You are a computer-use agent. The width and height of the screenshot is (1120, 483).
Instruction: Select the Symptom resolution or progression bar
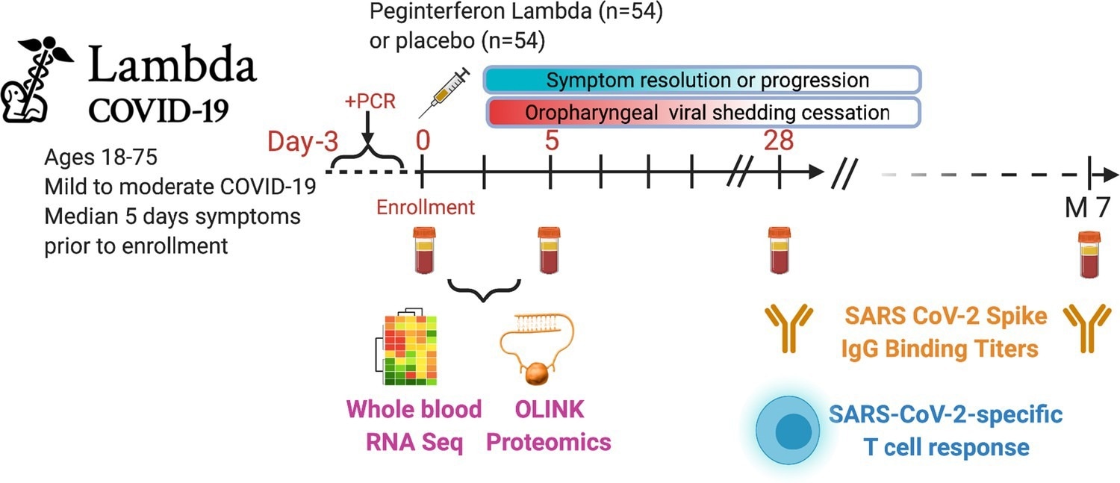[x=701, y=80]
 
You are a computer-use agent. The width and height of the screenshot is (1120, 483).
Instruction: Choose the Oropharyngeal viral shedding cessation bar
[x=701, y=113]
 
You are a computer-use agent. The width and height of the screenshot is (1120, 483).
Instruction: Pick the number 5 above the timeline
[x=551, y=140]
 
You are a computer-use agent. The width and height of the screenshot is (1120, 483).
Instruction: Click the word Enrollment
[x=426, y=207]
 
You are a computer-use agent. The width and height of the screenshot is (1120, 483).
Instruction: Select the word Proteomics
[x=549, y=442]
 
